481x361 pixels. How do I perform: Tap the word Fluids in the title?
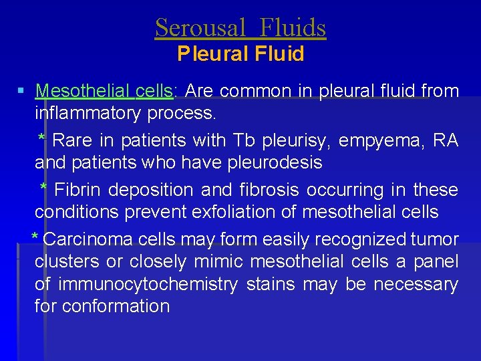[293, 28]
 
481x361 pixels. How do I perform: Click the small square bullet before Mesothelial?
[22, 90]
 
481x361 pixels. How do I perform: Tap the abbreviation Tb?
[243, 140]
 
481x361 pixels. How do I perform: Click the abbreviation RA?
[446, 140]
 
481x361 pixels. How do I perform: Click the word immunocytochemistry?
[148, 284]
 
